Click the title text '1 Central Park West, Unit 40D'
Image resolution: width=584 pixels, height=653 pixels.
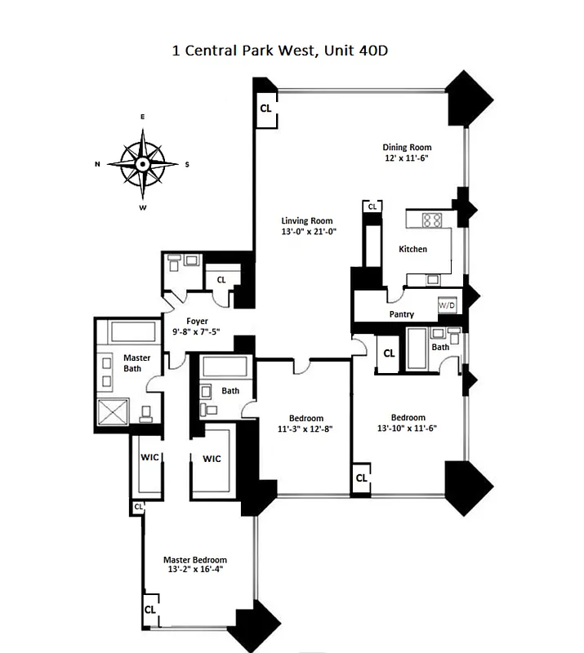tap(291, 51)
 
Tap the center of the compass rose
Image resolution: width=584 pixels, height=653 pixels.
tap(143, 164)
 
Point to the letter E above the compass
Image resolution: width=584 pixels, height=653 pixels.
tap(143, 118)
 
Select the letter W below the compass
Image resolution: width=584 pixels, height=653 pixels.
tap(143, 208)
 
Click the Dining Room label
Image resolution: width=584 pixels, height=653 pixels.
tap(406, 148)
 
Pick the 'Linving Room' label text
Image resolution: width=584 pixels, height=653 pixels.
tap(307, 220)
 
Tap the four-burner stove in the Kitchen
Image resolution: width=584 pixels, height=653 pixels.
tap(431, 220)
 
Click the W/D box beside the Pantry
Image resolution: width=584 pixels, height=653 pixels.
tap(447, 304)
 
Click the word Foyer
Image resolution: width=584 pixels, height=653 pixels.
tap(197, 322)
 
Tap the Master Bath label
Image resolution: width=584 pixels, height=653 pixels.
tap(136, 363)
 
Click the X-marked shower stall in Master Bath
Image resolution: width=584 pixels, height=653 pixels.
tap(114, 413)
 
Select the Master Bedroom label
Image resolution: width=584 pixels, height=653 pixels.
tap(194, 559)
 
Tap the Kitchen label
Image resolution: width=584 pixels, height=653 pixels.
tap(412, 249)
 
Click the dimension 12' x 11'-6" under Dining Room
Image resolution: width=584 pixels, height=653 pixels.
tap(406, 158)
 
